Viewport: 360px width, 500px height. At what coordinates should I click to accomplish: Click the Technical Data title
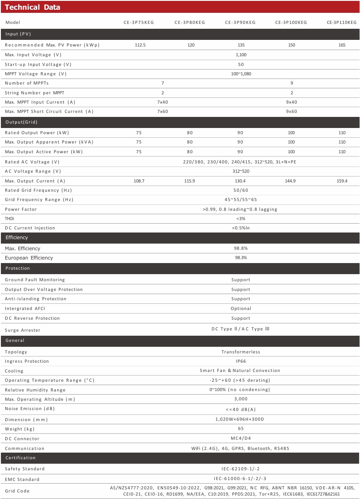(32, 7)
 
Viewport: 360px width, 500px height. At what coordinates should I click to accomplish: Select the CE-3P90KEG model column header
(240, 22)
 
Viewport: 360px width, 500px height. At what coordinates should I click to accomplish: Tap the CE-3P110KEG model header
(341, 22)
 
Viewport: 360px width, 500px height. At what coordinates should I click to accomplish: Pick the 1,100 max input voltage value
(241, 54)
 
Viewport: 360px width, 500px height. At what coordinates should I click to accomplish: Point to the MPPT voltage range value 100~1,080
(241, 74)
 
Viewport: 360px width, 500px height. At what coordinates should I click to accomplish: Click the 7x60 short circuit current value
(163, 112)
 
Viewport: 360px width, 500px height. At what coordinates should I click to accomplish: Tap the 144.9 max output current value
(291, 181)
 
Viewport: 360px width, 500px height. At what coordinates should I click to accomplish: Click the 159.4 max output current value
(342, 181)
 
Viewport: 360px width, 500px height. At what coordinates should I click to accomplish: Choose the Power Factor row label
(21, 209)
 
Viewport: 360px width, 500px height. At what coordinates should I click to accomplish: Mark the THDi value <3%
(241, 218)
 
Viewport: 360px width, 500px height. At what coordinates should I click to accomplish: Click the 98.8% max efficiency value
(240, 248)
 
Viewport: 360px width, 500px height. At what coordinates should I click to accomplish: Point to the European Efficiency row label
(29, 258)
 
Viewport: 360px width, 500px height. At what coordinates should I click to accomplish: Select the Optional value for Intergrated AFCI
(240, 309)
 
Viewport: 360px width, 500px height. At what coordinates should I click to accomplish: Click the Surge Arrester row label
(23, 330)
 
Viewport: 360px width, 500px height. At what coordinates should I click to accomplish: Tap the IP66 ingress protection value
(240, 361)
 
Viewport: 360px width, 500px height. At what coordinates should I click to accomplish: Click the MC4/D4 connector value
(240, 438)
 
